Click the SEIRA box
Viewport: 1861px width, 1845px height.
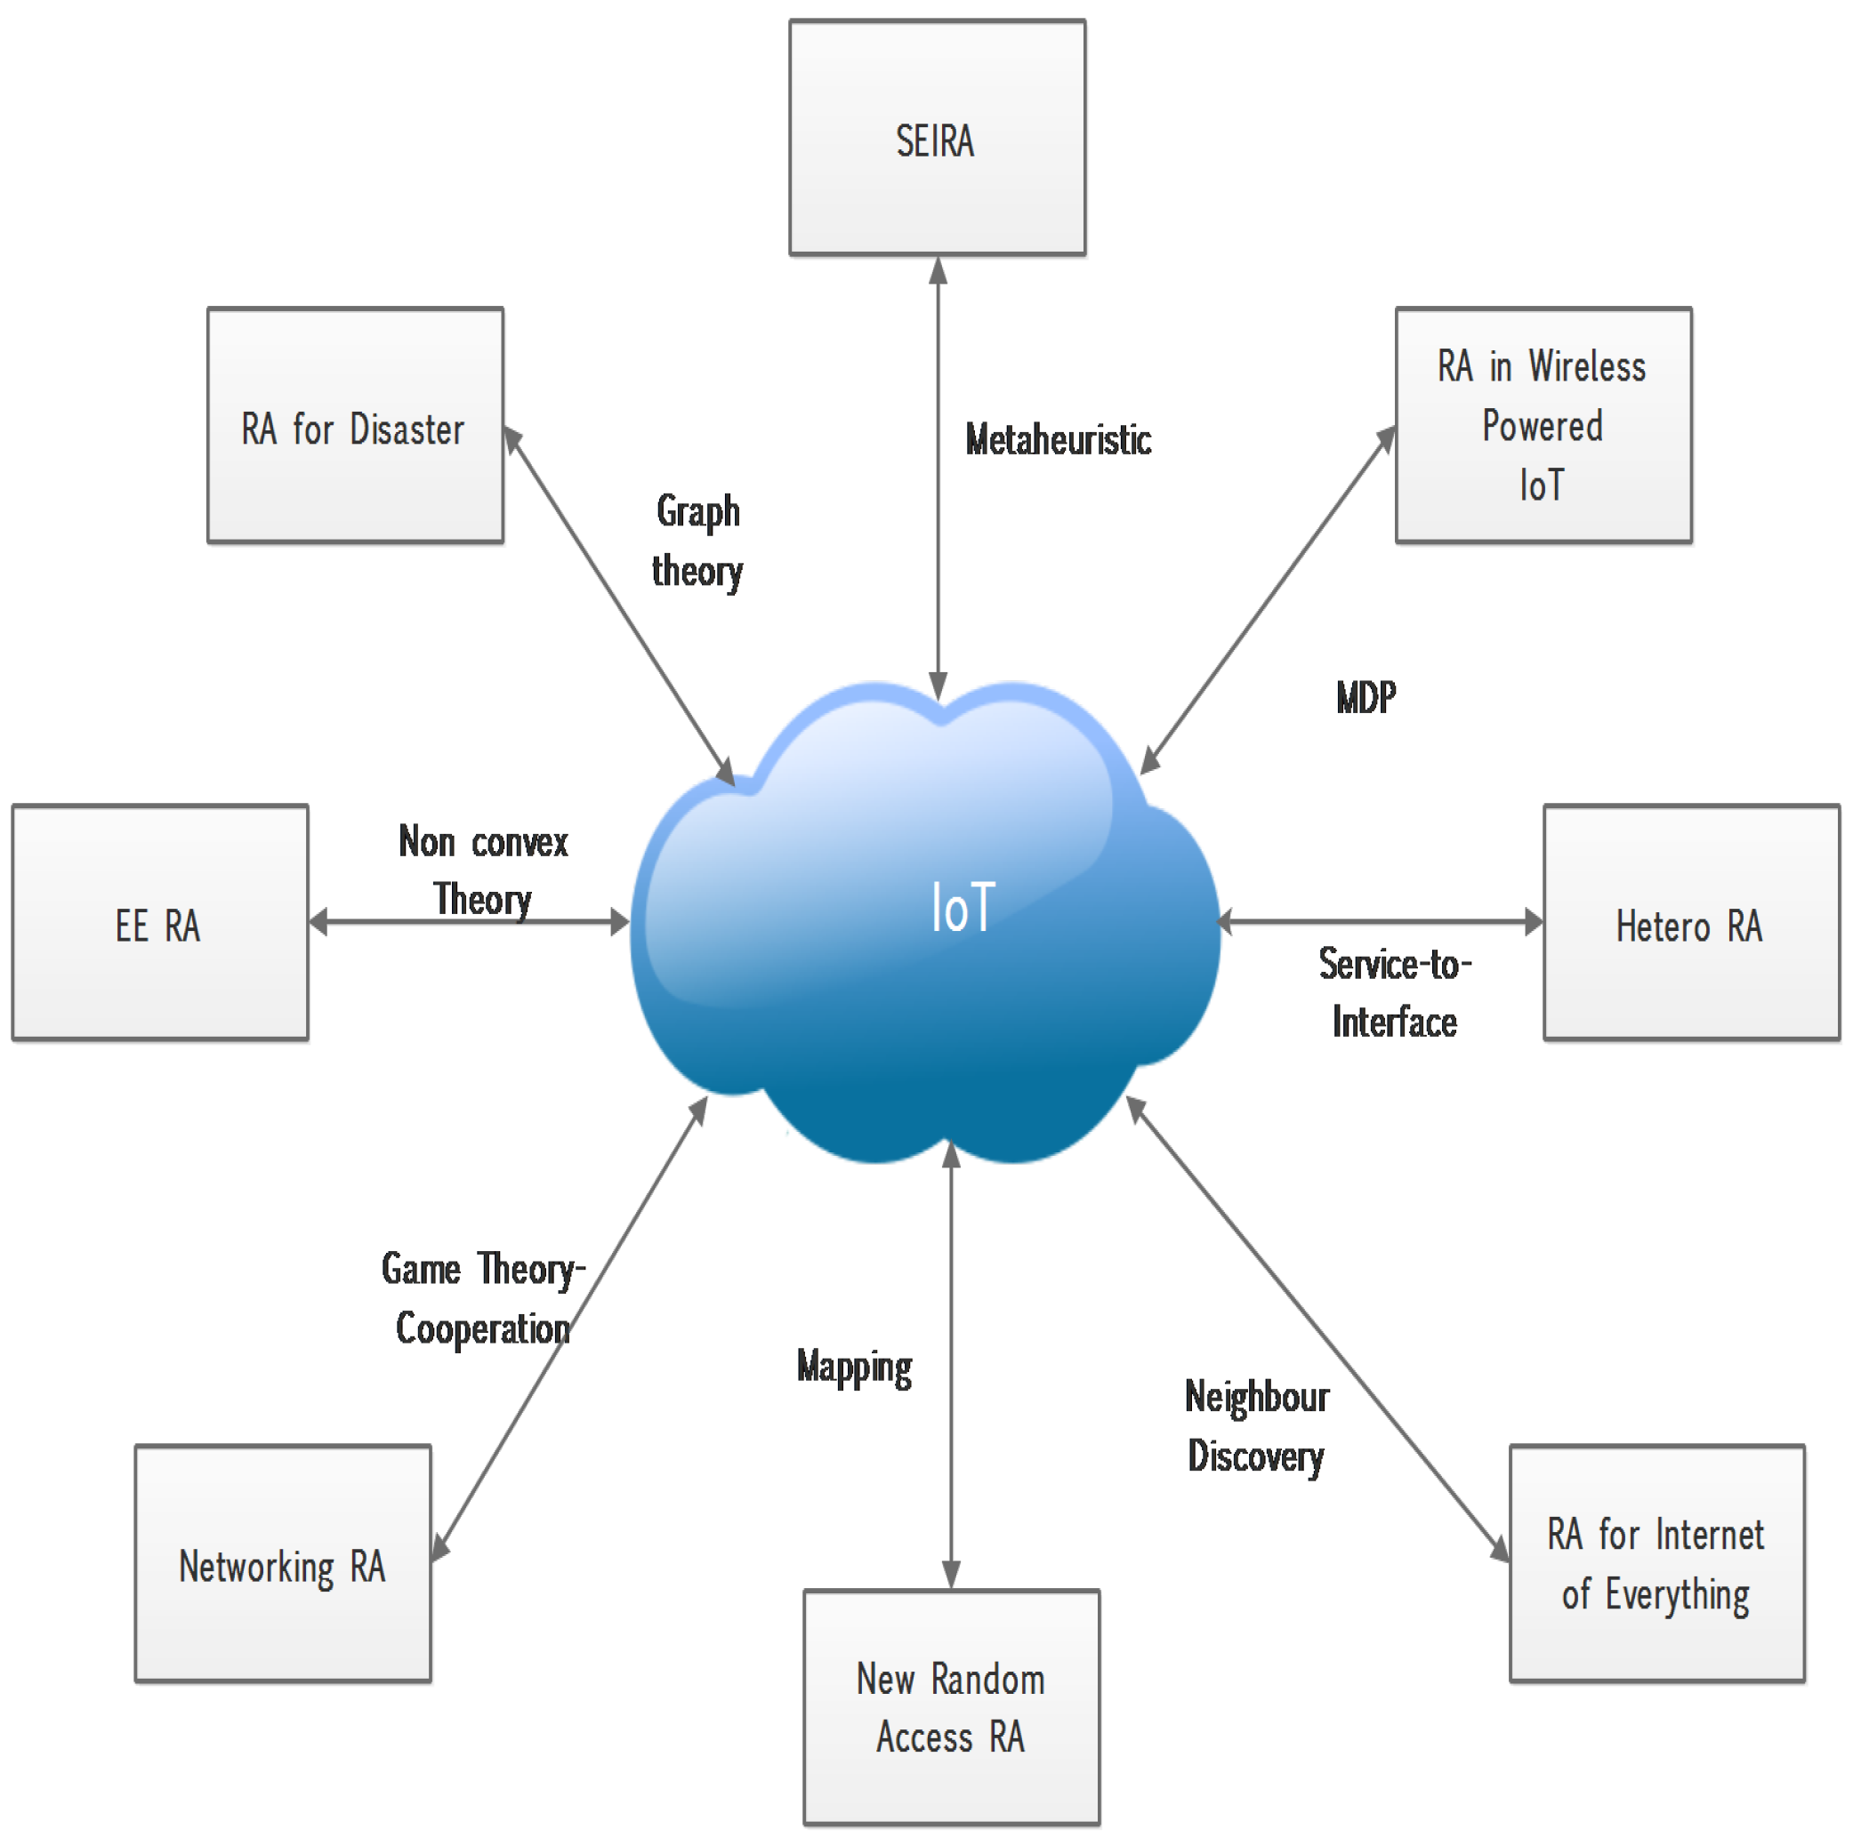point(938,138)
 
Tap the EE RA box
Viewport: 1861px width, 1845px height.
point(160,924)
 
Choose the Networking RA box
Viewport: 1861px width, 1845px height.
point(282,1565)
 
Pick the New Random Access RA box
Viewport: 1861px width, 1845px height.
point(951,1707)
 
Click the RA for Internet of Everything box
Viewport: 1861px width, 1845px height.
point(1656,1565)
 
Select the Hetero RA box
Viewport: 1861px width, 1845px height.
point(1690,924)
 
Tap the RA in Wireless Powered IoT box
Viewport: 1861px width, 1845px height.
point(1543,426)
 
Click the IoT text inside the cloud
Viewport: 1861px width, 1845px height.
point(963,907)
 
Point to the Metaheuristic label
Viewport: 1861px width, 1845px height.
point(1058,440)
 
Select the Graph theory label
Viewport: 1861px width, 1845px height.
point(697,541)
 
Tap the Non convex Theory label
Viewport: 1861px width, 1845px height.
point(482,870)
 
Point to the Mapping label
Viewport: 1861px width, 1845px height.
point(854,1368)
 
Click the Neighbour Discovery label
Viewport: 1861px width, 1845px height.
point(1256,1426)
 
